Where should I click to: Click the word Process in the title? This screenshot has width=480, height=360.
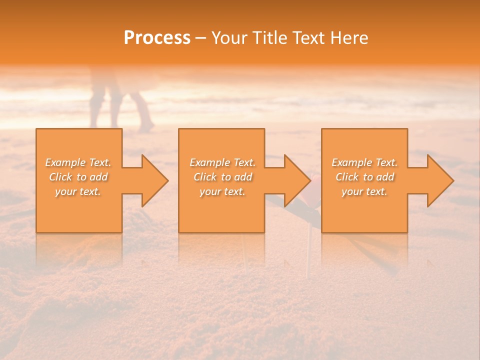(157, 38)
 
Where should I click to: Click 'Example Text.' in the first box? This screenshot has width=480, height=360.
(78, 162)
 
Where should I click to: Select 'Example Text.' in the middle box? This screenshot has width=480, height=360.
(222, 162)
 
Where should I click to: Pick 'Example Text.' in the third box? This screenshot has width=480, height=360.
(364, 162)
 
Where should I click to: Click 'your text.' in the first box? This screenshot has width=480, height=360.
(78, 191)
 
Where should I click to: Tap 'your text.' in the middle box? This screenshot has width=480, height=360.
(222, 191)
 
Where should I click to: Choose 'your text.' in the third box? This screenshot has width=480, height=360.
(364, 191)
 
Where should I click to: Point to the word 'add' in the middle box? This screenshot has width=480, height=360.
(242, 177)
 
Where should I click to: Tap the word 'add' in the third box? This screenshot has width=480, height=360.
(384, 177)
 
